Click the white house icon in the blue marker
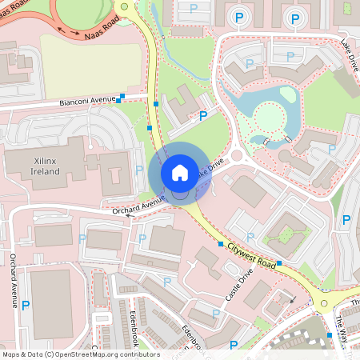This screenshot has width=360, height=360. (179, 172)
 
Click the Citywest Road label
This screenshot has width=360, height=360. (250, 254)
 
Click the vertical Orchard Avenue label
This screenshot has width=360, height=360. (14, 280)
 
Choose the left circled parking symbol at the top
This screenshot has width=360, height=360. (238, 17)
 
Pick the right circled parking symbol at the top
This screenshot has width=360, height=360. (295, 17)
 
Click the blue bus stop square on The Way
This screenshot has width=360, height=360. (329, 334)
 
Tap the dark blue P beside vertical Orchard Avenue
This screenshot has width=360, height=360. (26, 305)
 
